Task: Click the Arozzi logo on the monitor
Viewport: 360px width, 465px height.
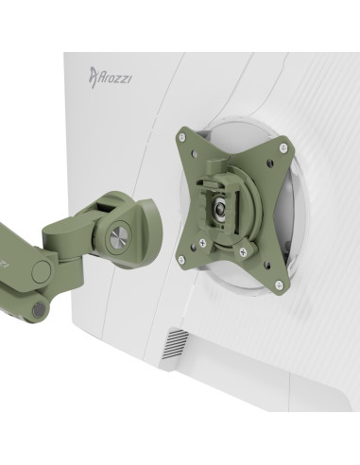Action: [110, 77]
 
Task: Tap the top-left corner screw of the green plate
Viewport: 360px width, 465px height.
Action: [182, 137]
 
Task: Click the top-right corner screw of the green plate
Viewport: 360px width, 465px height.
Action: [283, 147]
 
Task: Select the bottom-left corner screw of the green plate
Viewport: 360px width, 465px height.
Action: [181, 260]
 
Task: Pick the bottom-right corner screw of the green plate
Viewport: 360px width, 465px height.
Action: [279, 285]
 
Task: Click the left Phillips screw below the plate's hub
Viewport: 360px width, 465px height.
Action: [203, 243]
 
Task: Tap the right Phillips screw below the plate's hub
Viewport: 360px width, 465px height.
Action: [243, 251]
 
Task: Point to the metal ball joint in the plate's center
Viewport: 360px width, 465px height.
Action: [219, 209]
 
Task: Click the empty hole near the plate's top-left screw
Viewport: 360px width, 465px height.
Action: [194, 153]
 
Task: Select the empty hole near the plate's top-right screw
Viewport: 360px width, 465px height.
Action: [268, 163]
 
